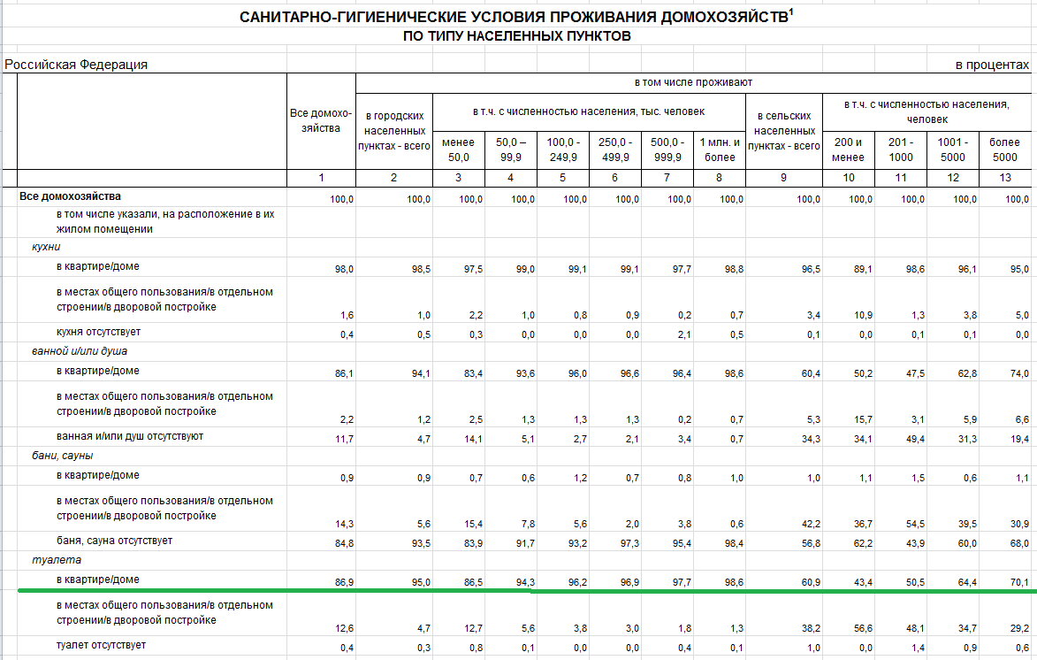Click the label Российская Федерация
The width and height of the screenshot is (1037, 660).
point(76,65)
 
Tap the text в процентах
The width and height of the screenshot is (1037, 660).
point(992,65)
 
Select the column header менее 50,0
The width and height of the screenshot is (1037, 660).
point(458,150)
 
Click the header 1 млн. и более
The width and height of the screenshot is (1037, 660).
point(720,150)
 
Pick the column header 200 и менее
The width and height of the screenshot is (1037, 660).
point(849,150)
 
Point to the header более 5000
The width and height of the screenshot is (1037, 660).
point(1004,150)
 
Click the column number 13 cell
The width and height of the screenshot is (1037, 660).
point(1005,178)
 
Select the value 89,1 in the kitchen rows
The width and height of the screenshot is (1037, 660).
point(863,270)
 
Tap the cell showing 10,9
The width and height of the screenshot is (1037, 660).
point(863,315)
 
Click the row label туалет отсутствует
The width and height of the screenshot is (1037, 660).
point(101,645)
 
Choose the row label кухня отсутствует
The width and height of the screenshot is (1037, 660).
point(98,332)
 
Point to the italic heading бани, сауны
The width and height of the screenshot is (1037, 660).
point(62,456)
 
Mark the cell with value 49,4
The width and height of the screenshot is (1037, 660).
point(915,439)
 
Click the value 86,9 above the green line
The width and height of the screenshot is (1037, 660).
point(344,582)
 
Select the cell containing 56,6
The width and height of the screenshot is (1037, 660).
point(863,628)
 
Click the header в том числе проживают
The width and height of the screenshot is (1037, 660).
point(693,82)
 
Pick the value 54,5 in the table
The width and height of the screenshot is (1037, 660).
point(915,524)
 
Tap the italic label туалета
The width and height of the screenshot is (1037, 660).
point(57,560)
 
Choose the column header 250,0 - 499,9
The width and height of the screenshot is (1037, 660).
point(615,150)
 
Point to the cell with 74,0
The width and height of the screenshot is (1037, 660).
point(1019,373)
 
